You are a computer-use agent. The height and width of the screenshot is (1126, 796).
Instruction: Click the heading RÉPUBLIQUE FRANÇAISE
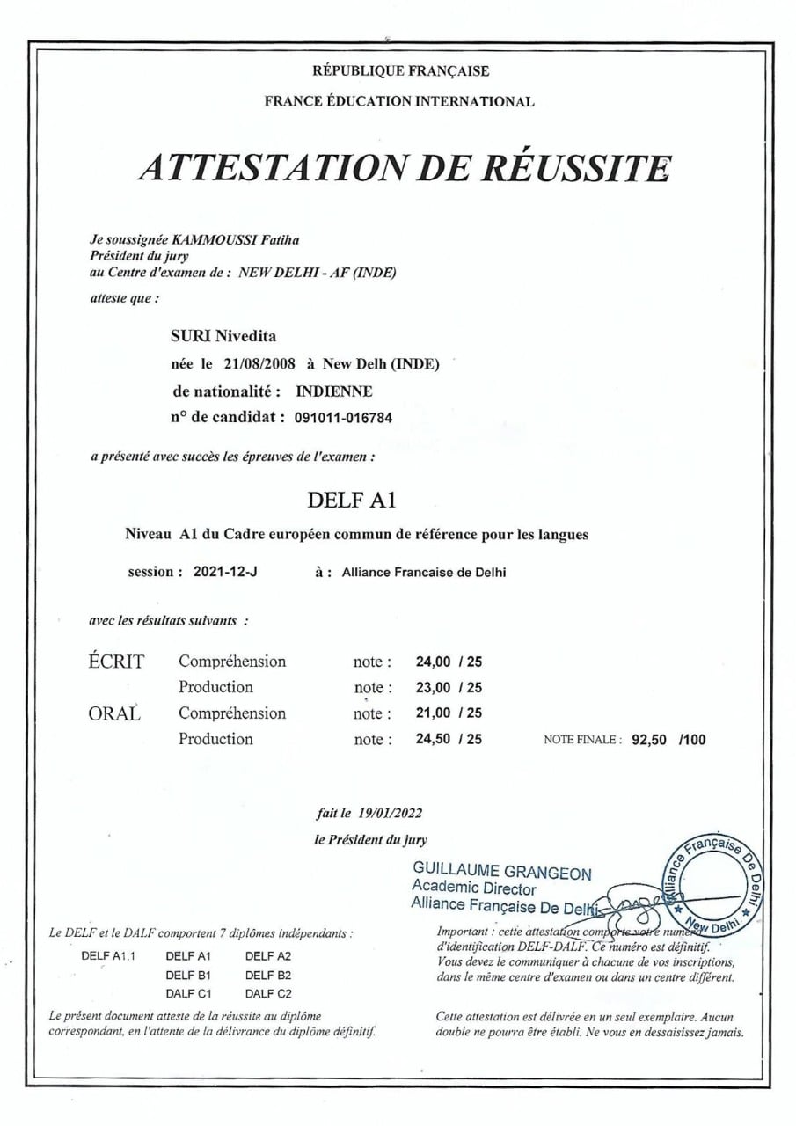400,71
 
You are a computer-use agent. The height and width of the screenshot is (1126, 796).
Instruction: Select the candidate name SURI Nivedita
223,335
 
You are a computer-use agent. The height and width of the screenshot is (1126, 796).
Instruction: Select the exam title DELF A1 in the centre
353,501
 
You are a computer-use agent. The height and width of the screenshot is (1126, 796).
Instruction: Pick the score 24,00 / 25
449,662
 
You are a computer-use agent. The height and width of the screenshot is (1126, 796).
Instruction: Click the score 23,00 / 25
449,687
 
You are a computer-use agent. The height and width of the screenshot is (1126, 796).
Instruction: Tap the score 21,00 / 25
449,713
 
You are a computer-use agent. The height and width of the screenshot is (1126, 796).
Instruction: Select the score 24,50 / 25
449,739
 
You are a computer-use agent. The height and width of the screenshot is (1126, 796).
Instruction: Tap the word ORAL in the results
114,713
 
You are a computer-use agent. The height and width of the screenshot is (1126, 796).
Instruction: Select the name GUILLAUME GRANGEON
501,873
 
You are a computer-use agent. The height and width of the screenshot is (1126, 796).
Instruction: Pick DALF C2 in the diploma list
268,994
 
